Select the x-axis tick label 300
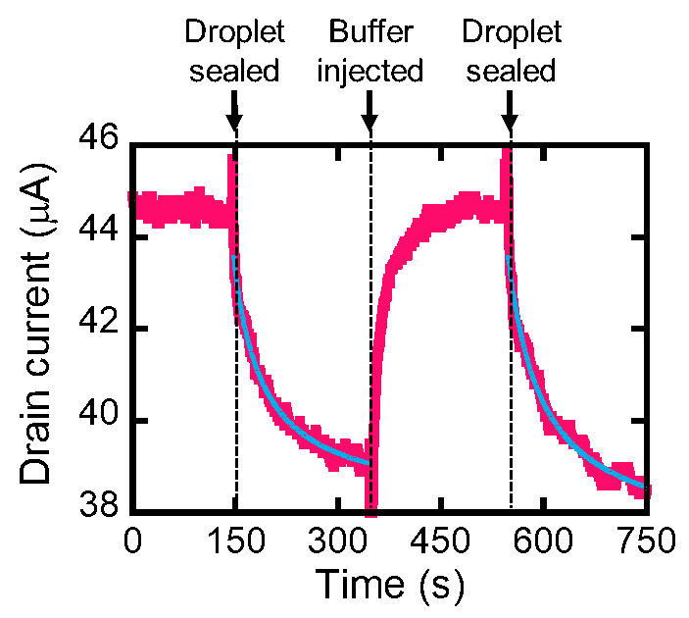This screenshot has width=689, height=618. (x=336, y=541)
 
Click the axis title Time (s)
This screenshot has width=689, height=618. (x=389, y=585)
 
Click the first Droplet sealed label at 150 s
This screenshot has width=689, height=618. (x=234, y=52)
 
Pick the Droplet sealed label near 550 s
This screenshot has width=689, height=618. (x=511, y=52)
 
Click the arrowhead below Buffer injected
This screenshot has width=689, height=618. (x=370, y=124)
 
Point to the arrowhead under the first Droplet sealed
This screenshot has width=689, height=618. (x=234, y=124)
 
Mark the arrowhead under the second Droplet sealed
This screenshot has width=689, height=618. (x=510, y=124)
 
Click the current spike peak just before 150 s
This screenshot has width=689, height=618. (x=231, y=157)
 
